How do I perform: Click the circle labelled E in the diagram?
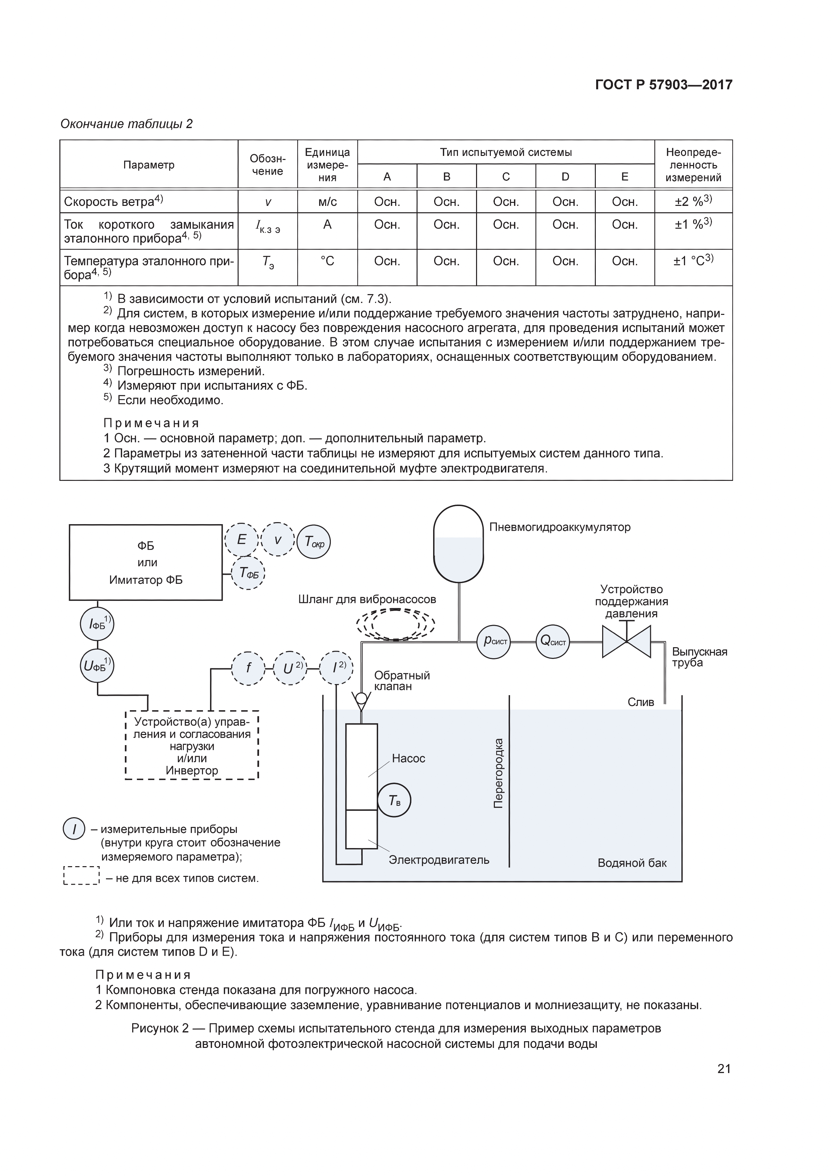(x=241, y=539)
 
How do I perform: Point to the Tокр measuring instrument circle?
(x=314, y=542)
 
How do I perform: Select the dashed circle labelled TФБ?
(x=249, y=573)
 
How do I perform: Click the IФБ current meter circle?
(x=97, y=624)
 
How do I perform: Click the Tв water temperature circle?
(x=394, y=800)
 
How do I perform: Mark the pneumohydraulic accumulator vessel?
(x=459, y=544)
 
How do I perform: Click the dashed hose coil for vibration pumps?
(x=396, y=624)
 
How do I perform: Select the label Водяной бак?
(x=632, y=863)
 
